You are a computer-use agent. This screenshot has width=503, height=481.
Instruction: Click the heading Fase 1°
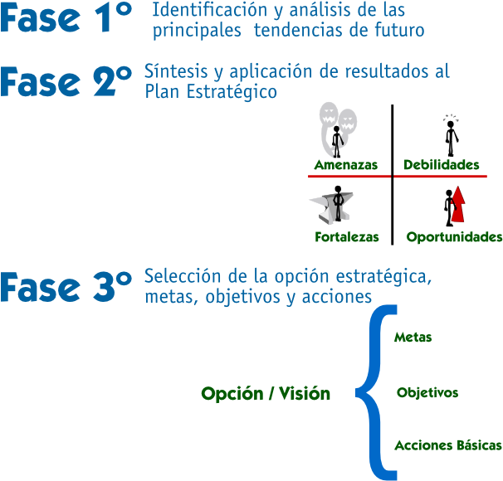[x=66, y=17]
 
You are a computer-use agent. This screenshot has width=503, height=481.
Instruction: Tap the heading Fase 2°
[x=66, y=81]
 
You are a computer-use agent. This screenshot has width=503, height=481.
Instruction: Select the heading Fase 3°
[x=66, y=286]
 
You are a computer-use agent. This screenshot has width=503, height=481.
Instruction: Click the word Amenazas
[x=346, y=165]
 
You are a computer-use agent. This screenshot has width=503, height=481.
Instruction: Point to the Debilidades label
[x=441, y=165]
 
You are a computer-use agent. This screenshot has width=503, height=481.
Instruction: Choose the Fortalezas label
[x=347, y=237]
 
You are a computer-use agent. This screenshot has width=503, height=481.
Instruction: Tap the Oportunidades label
[x=454, y=237]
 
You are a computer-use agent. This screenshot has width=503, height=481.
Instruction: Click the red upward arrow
[x=458, y=205]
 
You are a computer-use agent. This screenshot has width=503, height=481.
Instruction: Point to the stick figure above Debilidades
[x=452, y=138]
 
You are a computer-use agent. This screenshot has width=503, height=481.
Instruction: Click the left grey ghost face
[x=329, y=114]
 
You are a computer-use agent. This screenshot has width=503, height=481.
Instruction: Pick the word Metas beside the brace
[x=413, y=338]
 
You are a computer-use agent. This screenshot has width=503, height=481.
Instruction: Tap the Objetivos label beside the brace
[x=427, y=392]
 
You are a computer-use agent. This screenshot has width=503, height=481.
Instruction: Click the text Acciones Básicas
[x=448, y=445]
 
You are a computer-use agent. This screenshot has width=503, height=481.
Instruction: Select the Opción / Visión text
[x=266, y=393]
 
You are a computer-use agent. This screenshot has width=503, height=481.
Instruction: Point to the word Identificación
[x=210, y=10]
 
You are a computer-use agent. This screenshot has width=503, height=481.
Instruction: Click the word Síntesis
[x=176, y=71]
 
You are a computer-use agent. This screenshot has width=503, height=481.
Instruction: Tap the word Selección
[x=183, y=276]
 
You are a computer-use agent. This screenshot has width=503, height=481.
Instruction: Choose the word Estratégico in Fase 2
[x=232, y=92]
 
